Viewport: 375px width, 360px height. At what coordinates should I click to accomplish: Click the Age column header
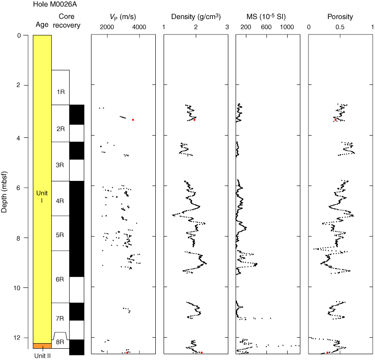42,25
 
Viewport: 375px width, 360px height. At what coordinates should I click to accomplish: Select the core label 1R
60,92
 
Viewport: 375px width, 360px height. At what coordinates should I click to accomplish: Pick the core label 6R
60,279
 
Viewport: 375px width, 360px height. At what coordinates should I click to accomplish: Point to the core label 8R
60,343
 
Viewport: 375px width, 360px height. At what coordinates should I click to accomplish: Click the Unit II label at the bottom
42,355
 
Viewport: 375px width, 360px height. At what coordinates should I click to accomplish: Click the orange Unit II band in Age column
42,346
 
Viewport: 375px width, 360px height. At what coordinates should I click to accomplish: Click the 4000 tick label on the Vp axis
139,27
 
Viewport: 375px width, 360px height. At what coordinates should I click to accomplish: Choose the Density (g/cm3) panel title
196,17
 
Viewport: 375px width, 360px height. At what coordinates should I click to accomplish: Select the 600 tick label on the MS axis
266,27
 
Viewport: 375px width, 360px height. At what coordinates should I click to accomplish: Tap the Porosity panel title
340,17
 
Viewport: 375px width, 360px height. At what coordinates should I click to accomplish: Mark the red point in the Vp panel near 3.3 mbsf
133,120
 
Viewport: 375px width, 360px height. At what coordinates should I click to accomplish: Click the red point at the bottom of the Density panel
202,352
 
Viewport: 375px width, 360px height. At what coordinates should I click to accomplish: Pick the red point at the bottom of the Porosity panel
327,352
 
